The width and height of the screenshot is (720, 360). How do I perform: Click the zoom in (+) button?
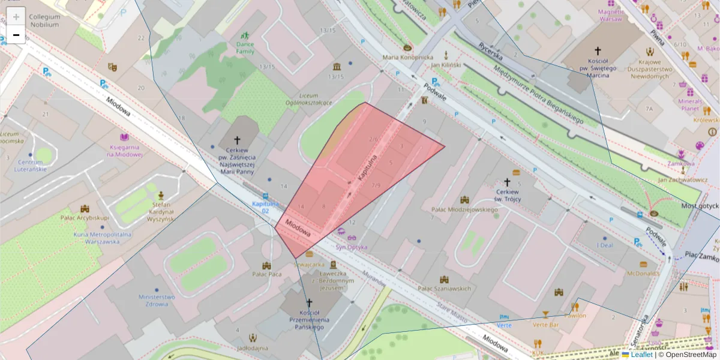coord(16,17)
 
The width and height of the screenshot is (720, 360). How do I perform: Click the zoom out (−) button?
coord(16,35)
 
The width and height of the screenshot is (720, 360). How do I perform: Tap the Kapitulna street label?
coord(366,170)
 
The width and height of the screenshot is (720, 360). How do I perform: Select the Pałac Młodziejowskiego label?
coord(465,209)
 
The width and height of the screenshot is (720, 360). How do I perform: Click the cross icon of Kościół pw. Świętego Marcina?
coord(597,52)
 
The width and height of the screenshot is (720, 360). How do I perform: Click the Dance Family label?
coord(245,47)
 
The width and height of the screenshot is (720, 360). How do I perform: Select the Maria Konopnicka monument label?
coord(408,58)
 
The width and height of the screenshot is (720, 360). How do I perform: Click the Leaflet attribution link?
coord(641,355)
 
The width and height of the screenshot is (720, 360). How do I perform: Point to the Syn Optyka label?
coord(351,247)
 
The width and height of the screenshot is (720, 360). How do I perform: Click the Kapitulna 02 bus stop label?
coord(265,208)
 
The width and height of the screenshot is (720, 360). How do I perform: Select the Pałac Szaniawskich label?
coord(444,289)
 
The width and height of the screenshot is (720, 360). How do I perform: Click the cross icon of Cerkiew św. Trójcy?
coord(507,182)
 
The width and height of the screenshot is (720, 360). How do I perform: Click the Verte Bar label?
coord(545,325)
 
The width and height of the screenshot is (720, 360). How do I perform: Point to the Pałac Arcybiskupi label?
coord(84,217)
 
